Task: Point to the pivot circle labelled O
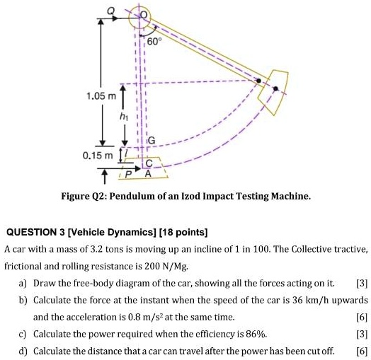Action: (144, 16)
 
